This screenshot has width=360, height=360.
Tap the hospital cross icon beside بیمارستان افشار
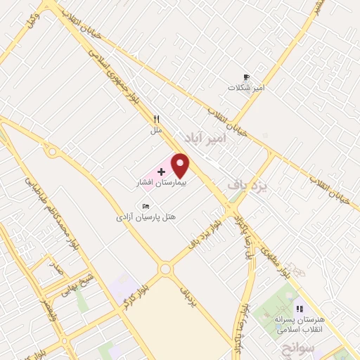click(162, 172)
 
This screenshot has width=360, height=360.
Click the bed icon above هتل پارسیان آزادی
click(146, 206)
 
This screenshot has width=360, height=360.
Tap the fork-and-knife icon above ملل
click(157, 120)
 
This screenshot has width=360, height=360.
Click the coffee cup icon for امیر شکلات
click(246, 77)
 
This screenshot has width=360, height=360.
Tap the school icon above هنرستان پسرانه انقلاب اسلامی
click(300, 308)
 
